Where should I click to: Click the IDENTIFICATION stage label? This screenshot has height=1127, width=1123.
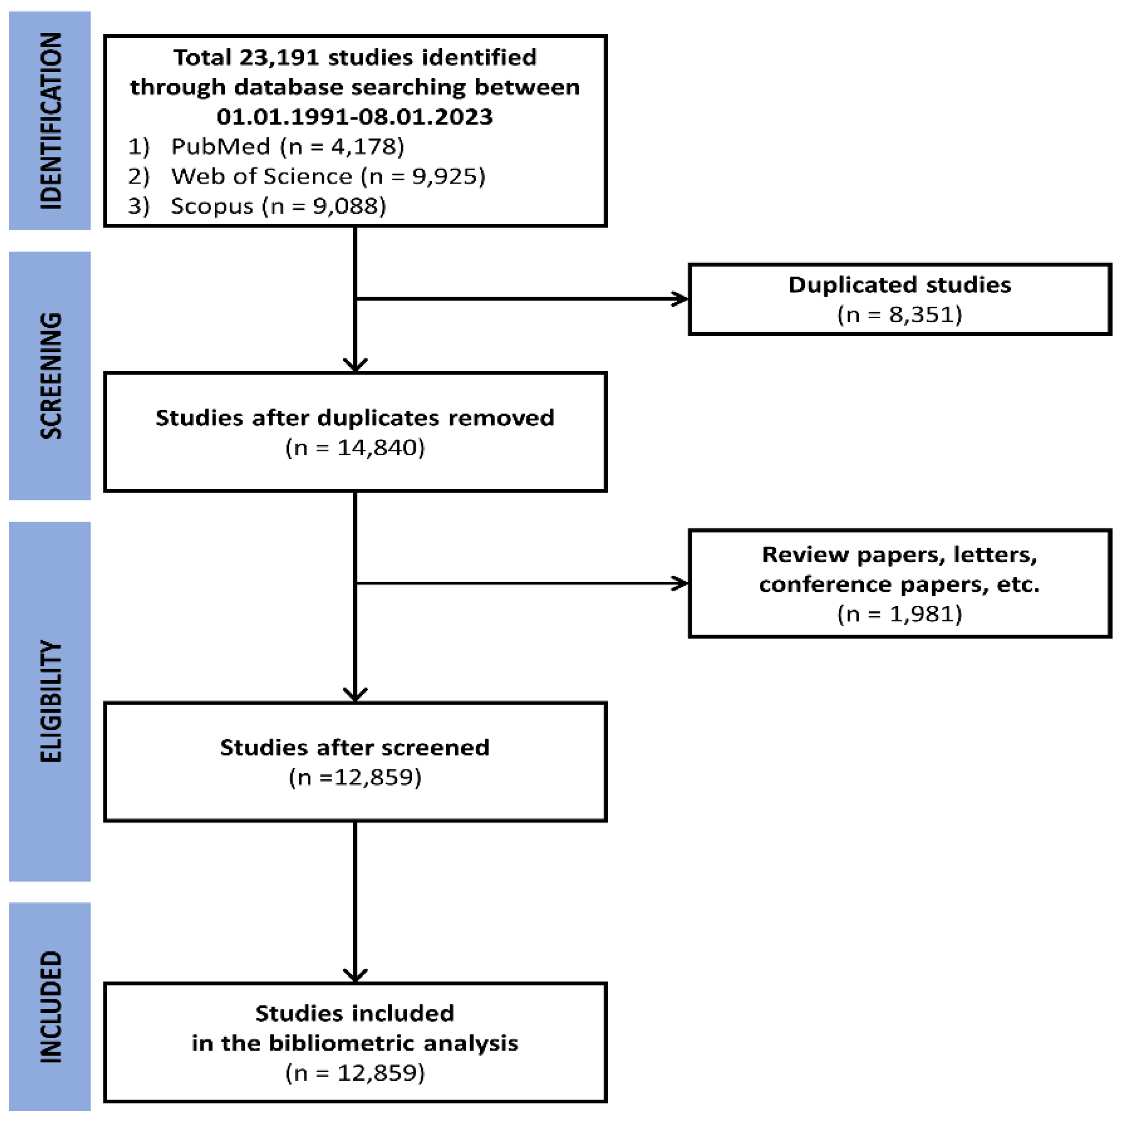tap(50, 121)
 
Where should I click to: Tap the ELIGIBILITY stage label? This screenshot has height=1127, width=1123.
tap(50, 701)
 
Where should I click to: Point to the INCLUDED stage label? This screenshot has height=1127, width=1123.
tap(50, 1007)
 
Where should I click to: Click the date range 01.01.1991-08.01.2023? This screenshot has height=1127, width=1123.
tap(354, 117)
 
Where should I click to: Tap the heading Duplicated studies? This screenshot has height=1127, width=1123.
tap(899, 285)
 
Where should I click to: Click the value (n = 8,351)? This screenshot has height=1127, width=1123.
tap(899, 315)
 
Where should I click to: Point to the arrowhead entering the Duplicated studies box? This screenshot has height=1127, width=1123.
tap(681, 299)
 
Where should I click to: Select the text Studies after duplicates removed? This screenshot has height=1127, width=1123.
tap(354, 418)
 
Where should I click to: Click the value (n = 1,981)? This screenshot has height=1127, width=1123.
tap(899, 614)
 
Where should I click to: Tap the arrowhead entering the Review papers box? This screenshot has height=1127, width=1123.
tap(681, 583)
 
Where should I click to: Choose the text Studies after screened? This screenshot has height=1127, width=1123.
tap(354, 748)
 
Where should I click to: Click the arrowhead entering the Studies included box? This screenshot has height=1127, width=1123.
tap(354, 975)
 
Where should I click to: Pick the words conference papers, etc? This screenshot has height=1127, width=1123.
tap(899, 585)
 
